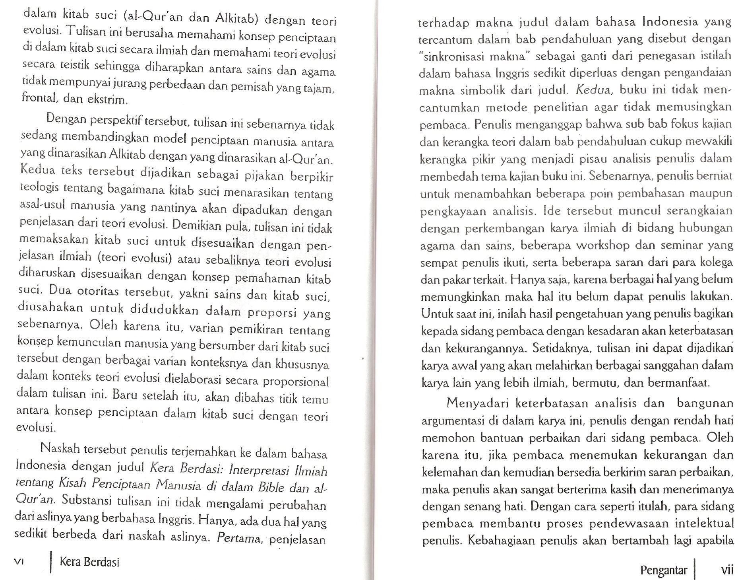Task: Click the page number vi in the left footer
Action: pyautogui.click(x=19, y=562)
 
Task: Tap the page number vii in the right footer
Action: pyautogui.click(x=727, y=570)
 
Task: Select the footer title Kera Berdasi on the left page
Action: pyautogui.click(x=89, y=562)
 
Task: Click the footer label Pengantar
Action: pyautogui.click(x=663, y=570)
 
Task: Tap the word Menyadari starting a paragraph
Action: pyautogui.click(x=478, y=403)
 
